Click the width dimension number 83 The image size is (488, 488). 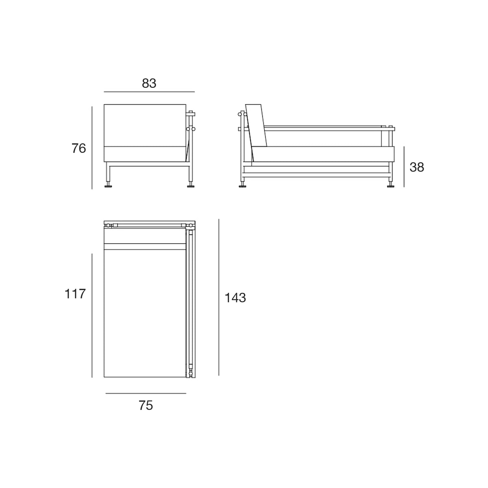149,83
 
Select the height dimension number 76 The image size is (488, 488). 79,148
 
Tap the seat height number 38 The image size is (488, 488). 417,167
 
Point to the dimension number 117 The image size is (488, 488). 75,294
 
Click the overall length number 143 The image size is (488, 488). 235,298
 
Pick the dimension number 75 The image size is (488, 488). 146,405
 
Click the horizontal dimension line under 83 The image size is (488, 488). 149,91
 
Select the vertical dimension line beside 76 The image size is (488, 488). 92,148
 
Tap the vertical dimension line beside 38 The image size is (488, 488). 404,167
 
